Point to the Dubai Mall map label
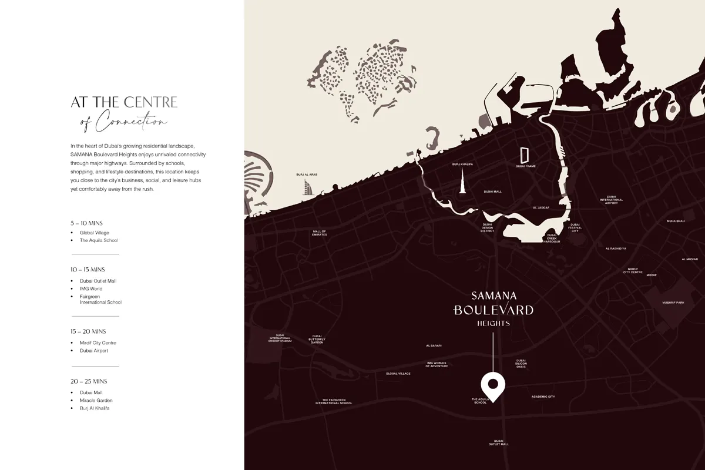tap(492, 192)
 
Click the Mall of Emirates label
tap(320, 233)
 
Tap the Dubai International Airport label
tap(611, 200)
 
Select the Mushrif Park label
tap(672, 303)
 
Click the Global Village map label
tap(398, 374)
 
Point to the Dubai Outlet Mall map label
tap(498, 442)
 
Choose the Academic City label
tap(543, 397)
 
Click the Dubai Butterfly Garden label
tap(317, 339)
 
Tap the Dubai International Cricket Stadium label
tap(280, 339)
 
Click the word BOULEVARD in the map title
tap(493, 310)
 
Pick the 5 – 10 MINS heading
tap(86, 223)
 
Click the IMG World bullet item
tap(91, 289)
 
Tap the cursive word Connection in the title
tap(132, 122)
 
